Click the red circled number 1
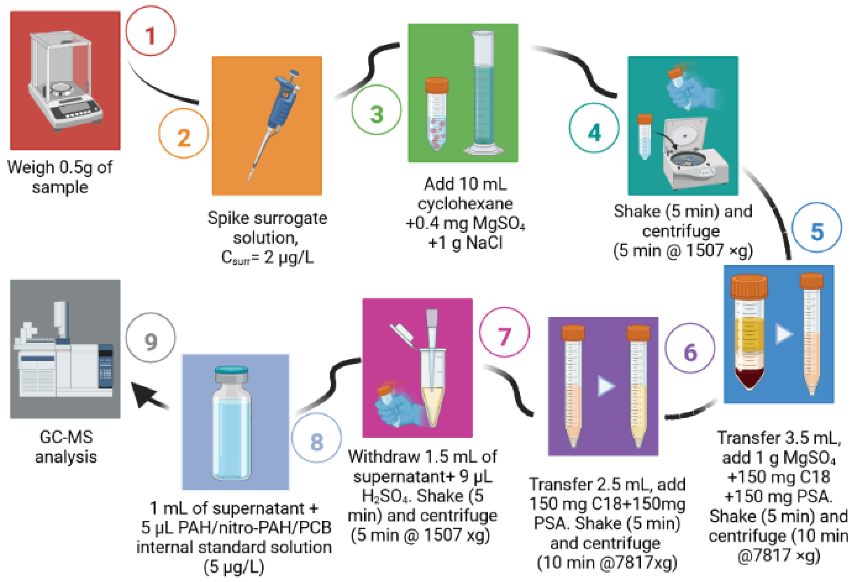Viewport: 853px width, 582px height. click(150, 31)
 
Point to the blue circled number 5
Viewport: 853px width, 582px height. click(817, 227)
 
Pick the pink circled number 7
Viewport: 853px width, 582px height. click(504, 332)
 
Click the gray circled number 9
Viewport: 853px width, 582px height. click(150, 337)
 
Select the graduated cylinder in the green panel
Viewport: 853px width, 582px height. click(484, 92)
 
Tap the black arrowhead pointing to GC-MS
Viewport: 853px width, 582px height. click(145, 395)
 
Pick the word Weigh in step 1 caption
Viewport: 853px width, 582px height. click(31, 167)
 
